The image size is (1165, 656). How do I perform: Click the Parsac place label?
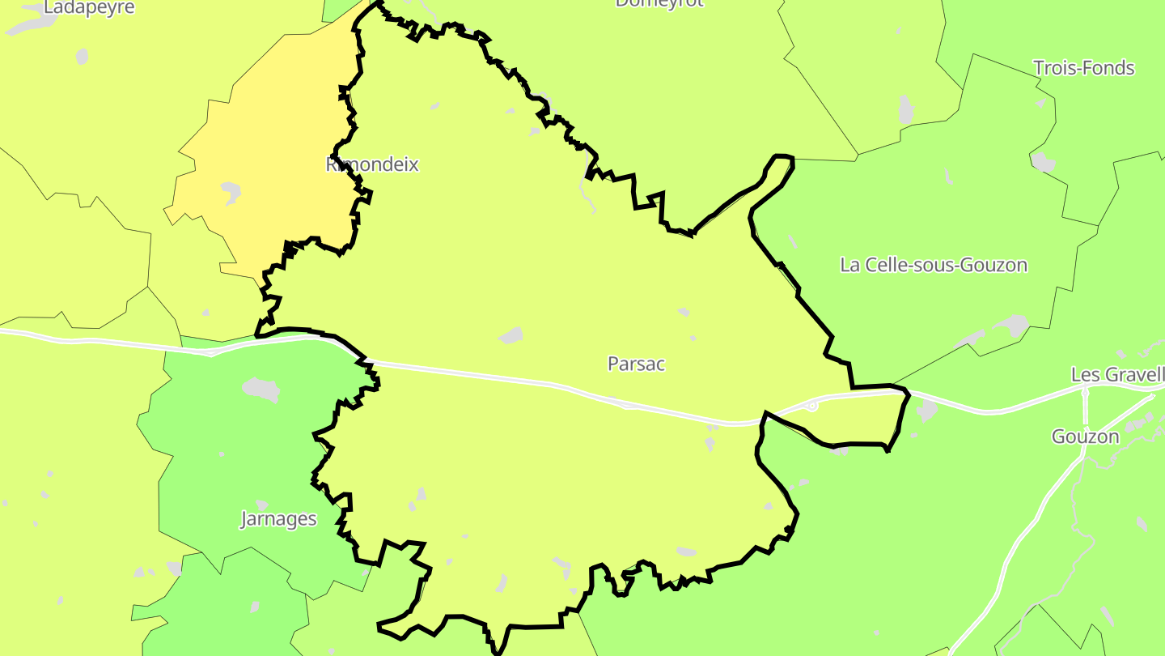636,364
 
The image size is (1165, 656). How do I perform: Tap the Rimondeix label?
372,164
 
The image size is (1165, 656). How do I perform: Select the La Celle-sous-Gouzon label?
934,265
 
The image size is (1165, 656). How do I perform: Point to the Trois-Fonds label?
1084,68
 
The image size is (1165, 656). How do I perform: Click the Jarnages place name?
278,518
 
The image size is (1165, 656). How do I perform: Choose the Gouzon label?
1085,437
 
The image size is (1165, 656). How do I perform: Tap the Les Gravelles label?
1117,375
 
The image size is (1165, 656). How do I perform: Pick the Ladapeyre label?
89,7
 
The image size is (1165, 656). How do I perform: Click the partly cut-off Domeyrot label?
659,3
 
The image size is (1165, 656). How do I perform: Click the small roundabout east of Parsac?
812,406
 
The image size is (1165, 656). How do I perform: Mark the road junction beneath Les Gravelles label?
1085,394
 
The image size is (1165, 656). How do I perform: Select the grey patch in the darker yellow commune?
231,192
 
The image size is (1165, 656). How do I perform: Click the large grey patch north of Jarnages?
261,390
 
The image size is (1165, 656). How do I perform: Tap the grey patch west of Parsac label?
511,335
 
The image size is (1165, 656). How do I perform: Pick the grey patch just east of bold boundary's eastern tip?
927,410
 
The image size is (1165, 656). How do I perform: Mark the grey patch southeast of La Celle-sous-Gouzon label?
1011,326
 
